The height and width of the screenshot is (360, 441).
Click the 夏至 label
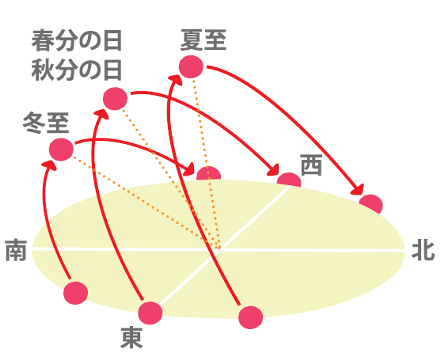[203, 40]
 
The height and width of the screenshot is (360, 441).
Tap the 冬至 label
[46, 123]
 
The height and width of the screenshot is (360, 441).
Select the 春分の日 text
[77, 40]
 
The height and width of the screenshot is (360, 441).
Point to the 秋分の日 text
[77, 70]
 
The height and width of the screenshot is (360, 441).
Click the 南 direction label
[16, 250]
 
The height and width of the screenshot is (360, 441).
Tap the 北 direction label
[424, 250]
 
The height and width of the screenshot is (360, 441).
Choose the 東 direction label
[131, 337]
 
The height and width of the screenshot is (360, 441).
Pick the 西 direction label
[311, 165]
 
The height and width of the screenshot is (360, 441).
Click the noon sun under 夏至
[191, 66]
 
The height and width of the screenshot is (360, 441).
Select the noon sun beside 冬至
[61, 150]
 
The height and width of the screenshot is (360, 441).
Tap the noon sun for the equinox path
[115, 99]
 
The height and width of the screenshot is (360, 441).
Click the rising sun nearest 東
[150, 313]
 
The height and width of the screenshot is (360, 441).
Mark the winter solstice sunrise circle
[76, 293]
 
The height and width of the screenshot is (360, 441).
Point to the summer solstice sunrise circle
[251, 317]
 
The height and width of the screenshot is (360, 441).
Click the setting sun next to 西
[289, 180]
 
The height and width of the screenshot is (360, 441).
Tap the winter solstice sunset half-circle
[209, 173]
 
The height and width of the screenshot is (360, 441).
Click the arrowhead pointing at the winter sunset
[189, 170]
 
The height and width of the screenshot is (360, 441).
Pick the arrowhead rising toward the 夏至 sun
[176, 79]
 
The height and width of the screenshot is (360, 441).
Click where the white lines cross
[219, 249]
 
